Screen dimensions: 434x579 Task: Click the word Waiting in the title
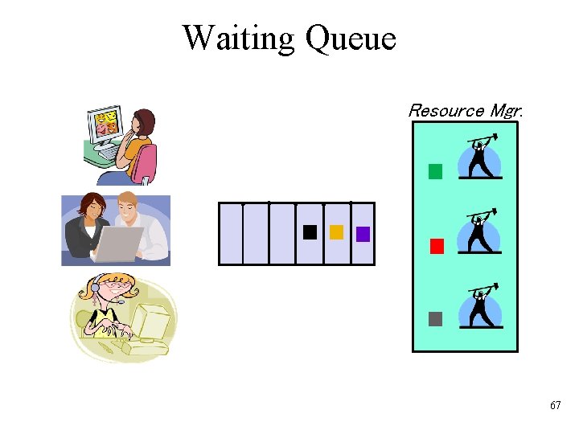239,38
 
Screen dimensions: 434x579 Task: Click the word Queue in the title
351,39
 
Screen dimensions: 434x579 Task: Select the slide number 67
555,406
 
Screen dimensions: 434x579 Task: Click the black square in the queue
310,233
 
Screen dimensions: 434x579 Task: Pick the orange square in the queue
336,232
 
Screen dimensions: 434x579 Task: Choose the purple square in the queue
363,234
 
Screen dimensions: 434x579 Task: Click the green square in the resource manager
436,171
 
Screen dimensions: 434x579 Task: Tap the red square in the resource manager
437,246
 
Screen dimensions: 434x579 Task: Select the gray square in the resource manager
436,318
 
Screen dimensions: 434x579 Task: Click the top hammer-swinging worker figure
480,158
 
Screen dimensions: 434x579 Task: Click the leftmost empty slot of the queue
231,234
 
